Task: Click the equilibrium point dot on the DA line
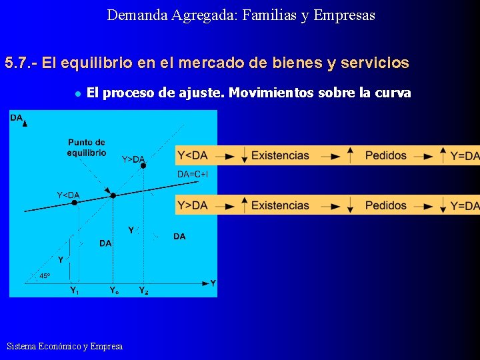[113, 195]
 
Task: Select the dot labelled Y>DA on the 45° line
[143, 166]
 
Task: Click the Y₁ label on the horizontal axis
[75, 290]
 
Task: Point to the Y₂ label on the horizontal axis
[143, 290]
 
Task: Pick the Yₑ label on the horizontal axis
[115, 290]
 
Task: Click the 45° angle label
[44, 275]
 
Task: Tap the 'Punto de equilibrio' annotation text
[86, 147]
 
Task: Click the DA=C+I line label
[193, 175]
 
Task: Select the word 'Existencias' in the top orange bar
[280, 155]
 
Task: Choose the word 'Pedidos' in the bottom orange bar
[385, 205]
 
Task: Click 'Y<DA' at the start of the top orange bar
[193, 155]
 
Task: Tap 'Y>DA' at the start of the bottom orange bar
[193, 205]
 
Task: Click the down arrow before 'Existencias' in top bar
[245, 155]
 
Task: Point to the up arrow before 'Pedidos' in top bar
[351, 155]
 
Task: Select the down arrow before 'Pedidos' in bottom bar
[351, 205]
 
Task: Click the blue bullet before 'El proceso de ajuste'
[77, 93]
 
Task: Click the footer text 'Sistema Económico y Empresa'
[65, 346]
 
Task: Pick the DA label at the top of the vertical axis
[16, 118]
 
